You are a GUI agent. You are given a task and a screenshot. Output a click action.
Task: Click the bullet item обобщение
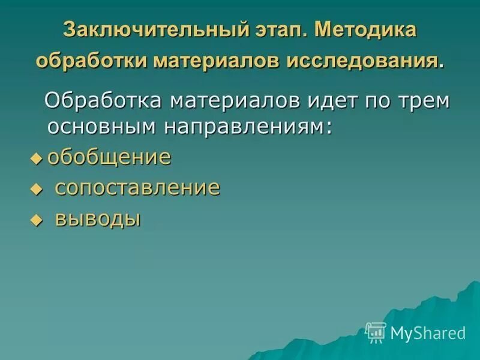(109, 158)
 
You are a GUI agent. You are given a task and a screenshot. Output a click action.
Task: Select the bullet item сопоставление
(137, 188)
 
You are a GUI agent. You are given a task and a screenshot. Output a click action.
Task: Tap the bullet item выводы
(98, 218)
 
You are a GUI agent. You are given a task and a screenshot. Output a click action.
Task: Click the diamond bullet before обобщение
(37, 158)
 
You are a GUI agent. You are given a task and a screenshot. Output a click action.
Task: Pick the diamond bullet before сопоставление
(37, 190)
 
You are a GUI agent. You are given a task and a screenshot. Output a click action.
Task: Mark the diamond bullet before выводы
(37, 220)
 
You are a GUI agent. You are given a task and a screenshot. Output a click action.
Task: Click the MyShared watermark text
(428, 332)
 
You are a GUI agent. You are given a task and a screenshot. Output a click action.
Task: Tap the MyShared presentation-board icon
(376, 332)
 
